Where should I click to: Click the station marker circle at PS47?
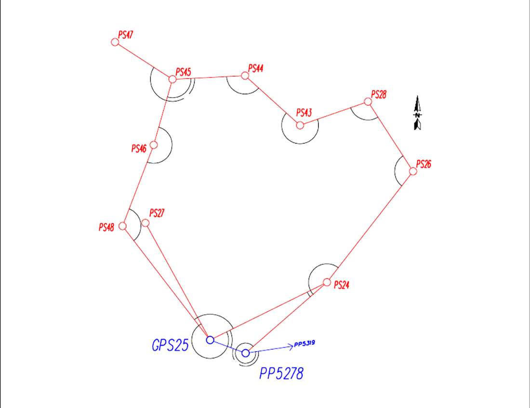pyautogui.click(x=115, y=42)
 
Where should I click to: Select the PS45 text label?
pyautogui.click(x=184, y=72)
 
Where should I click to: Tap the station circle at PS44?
pyautogui.click(x=245, y=76)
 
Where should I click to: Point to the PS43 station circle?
pyautogui.click(x=300, y=125)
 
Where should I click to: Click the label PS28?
pyautogui.click(x=379, y=94)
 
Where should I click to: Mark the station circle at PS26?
pyautogui.click(x=413, y=171)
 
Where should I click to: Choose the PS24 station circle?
pyautogui.click(x=327, y=282)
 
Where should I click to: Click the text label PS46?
pyautogui.click(x=139, y=149)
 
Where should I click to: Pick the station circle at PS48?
pyautogui.click(x=122, y=226)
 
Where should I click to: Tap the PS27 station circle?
pyautogui.click(x=146, y=223)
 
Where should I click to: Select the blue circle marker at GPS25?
pyautogui.click(x=210, y=340)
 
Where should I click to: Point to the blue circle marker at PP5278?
pyautogui.click(x=246, y=353)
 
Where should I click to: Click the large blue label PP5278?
pyautogui.click(x=281, y=374)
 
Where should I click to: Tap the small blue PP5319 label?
pyautogui.click(x=305, y=344)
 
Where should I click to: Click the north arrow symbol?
pyautogui.click(x=418, y=114)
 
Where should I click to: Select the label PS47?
pyautogui.click(x=126, y=35)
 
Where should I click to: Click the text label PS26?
pyautogui.click(x=424, y=164)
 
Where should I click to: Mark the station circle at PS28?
pyautogui.click(x=368, y=102)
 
